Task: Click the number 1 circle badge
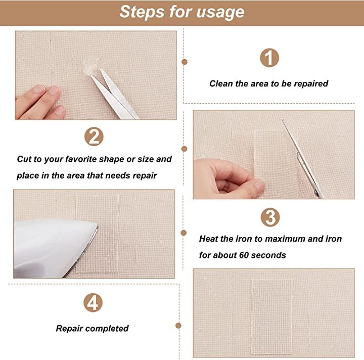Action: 269,58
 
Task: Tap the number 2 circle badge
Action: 94,137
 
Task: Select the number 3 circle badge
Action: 270,217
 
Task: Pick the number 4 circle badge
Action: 93,303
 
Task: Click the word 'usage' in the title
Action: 220,12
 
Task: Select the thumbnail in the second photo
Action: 259,186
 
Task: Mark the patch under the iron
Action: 98,234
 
